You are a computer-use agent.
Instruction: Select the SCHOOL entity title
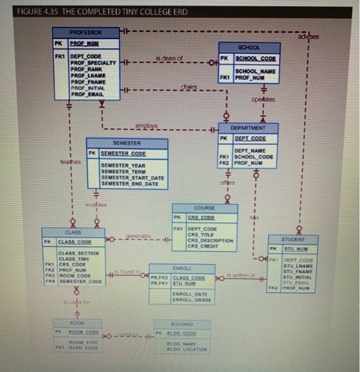[x=250, y=47]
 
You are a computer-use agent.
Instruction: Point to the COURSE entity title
[x=204, y=208]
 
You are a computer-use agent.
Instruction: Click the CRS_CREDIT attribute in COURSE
[x=203, y=245]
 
